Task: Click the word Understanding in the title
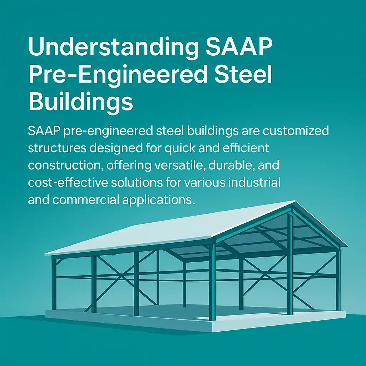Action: (113, 47)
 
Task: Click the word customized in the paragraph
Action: (296, 131)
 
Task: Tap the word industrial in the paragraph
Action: (254, 182)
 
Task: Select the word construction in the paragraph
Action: (66, 165)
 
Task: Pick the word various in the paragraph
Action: (205, 183)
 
